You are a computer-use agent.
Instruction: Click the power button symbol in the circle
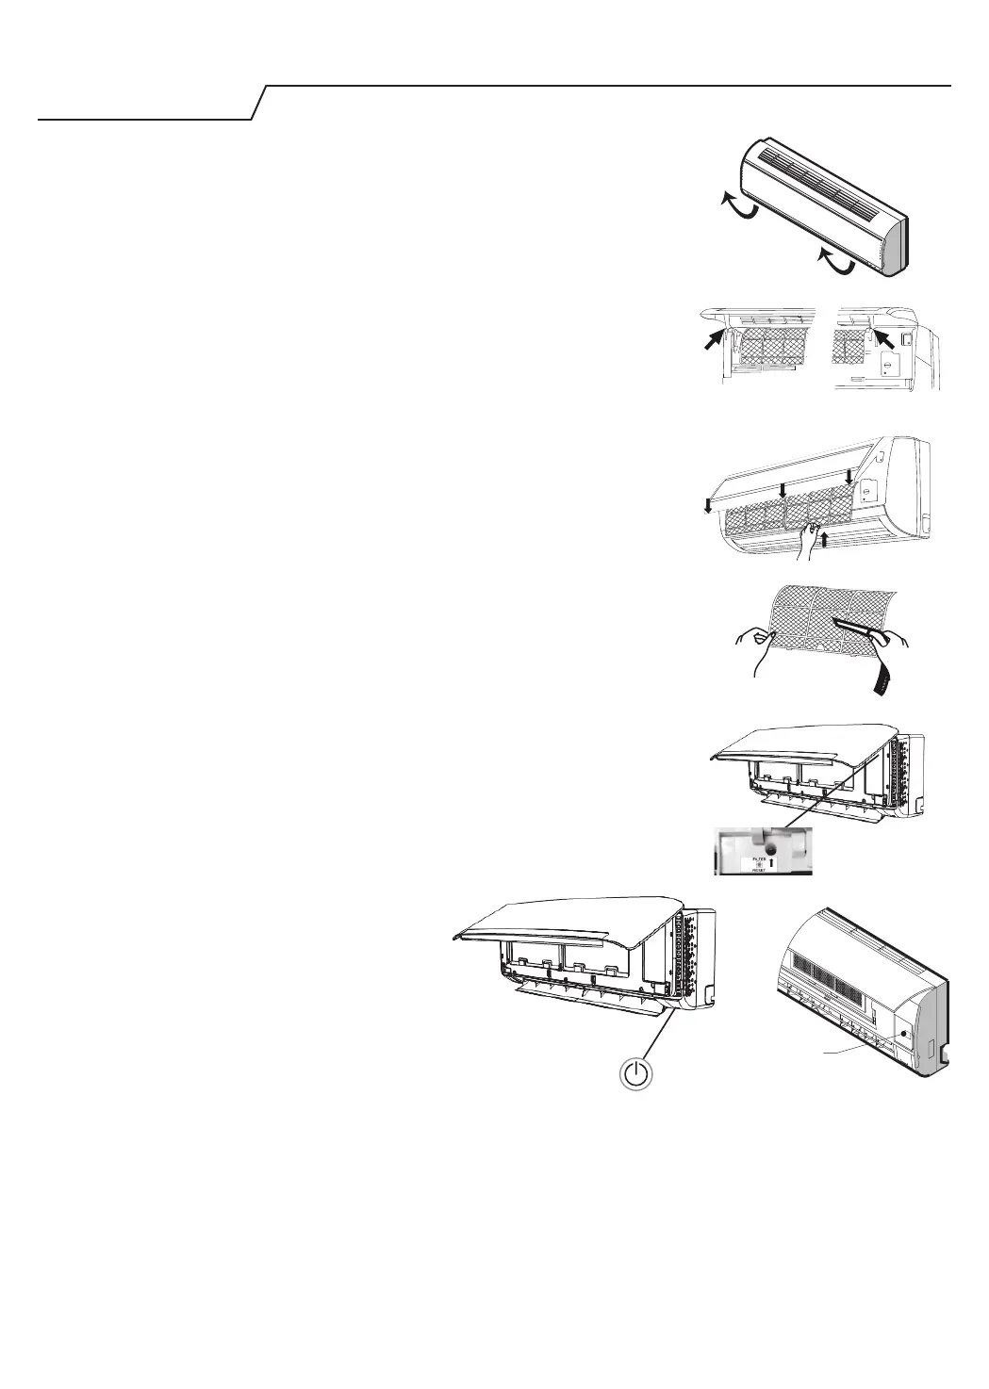point(638,1073)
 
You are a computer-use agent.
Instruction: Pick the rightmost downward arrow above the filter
point(849,477)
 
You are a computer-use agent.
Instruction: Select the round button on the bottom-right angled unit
point(903,1034)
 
